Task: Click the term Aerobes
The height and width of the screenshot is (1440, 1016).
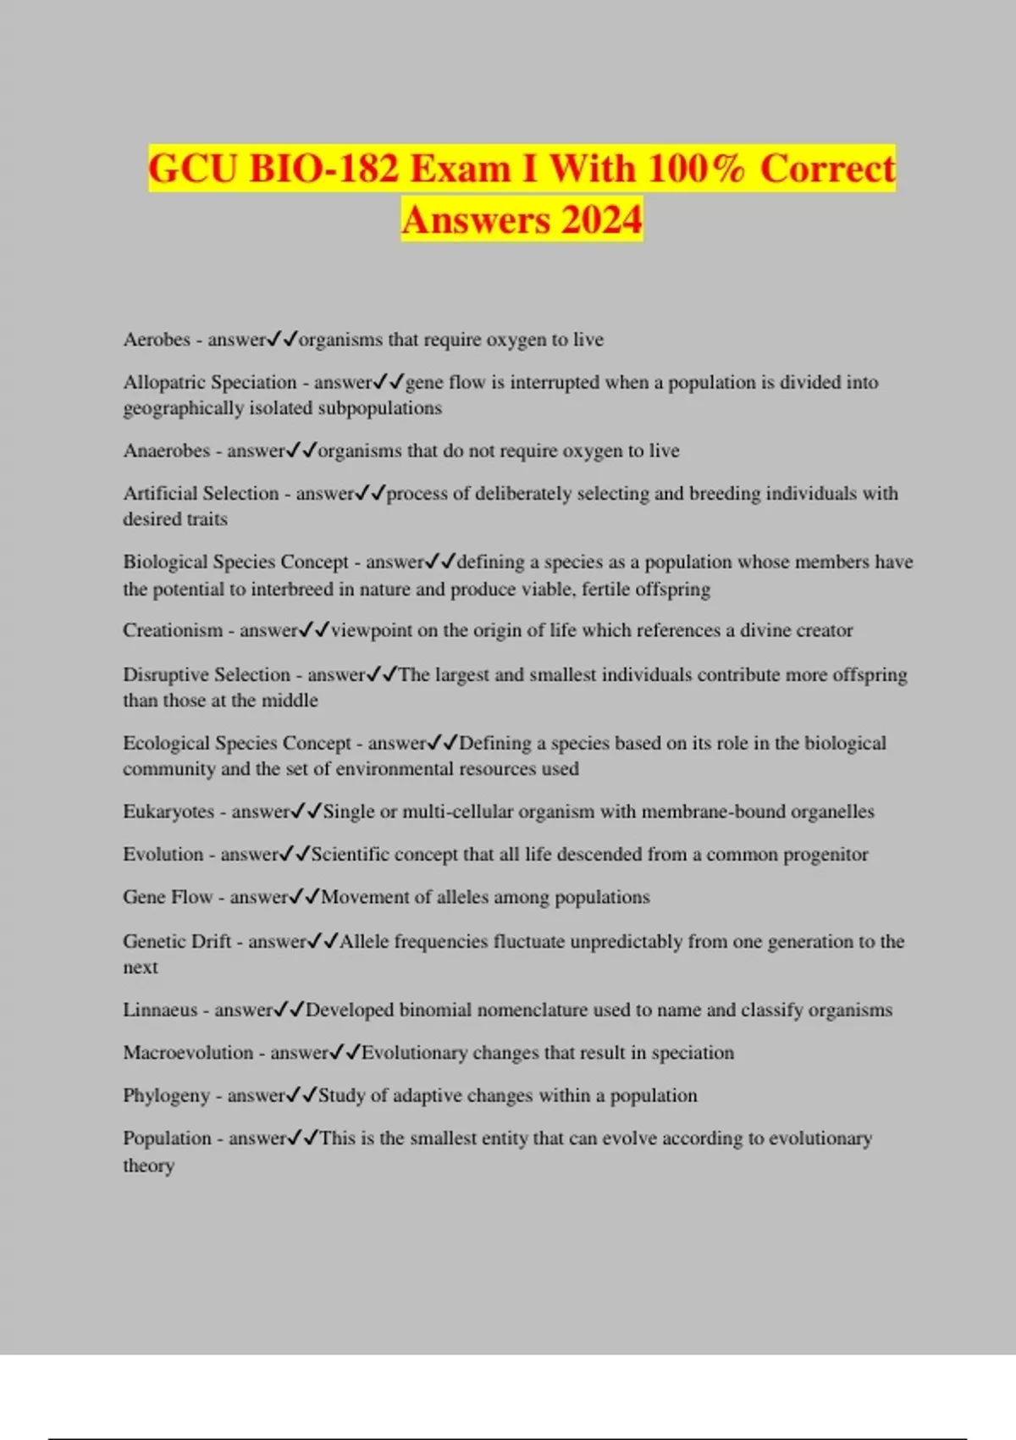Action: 157,340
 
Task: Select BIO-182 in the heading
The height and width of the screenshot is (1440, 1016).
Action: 324,169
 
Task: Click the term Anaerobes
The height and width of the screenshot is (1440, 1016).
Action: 166,451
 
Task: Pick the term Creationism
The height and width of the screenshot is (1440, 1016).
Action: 173,630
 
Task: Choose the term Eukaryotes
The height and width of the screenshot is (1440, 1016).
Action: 168,811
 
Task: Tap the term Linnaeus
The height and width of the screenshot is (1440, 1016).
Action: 160,1010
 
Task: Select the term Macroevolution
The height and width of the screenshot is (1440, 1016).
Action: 188,1053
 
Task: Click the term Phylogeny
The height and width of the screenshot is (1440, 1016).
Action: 166,1095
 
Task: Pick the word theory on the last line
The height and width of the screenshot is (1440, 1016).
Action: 149,1166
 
